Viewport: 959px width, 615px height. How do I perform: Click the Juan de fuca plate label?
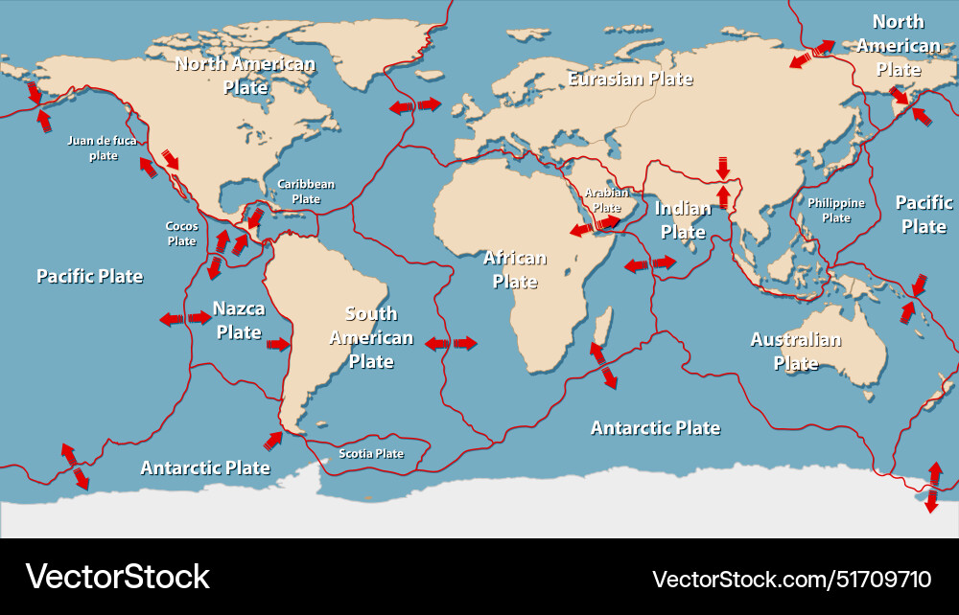pyautogui.click(x=103, y=148)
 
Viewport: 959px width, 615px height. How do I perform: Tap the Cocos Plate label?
pyautogui.click(x=181, y=234)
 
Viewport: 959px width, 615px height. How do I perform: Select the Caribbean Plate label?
pyautogui.click(x=306, y=192)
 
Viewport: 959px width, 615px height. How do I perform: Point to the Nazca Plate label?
pyautogui.click(x=239, y=321)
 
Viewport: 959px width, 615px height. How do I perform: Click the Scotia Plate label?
pyautogui.click(x=371, y=453)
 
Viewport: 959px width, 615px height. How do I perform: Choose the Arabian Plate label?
pyautogui.click(x=606, y=199)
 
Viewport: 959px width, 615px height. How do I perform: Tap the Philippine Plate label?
pyautogui.click(x=835, y=210)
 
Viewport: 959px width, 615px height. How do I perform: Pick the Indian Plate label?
pyautogui.click(x=683, y=219)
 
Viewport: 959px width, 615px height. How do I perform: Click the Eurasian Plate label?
pyautogui.click(x=630, y=79)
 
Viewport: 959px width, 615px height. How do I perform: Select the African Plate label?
pyautogui.click(x=515, y=269)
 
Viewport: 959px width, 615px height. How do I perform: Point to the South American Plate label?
pyautogui.click(x=371, y=337)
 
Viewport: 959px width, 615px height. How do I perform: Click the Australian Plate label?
pyautogui.click(x=795, y=351)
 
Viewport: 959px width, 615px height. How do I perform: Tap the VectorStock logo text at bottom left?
pyautogui.click(x=117, y=577)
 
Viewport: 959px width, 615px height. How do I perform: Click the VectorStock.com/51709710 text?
pyautogui.click(x=791, y=579)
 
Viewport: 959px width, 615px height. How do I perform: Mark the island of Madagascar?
pyautogui.click(x=600, y=329)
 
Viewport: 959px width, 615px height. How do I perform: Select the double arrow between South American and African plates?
pyautogui.click(x=451, y=343)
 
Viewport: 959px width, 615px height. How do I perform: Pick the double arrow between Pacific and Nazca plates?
pyautogui.click(x=185, y=318)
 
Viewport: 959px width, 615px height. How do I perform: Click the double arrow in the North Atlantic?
pyautogui.click(x=414, y=105)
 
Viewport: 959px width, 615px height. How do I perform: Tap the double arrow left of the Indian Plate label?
pyautogui.click(x=650, y=263)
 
